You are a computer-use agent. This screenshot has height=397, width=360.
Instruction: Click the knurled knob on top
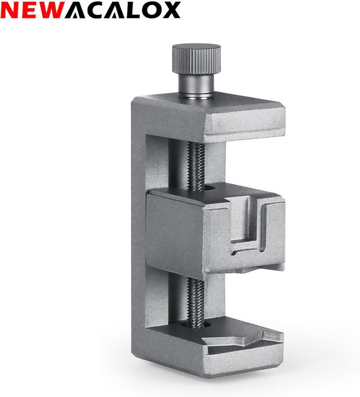point(196,59)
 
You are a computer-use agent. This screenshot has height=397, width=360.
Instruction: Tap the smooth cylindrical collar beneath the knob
point(196,85)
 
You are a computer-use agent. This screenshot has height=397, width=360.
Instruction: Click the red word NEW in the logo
point(32,10)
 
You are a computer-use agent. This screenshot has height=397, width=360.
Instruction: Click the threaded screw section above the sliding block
point(196,166)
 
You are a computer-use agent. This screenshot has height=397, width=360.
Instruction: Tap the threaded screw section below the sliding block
point(195,301)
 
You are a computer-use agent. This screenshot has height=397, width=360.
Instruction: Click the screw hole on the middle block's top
point(210,189)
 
